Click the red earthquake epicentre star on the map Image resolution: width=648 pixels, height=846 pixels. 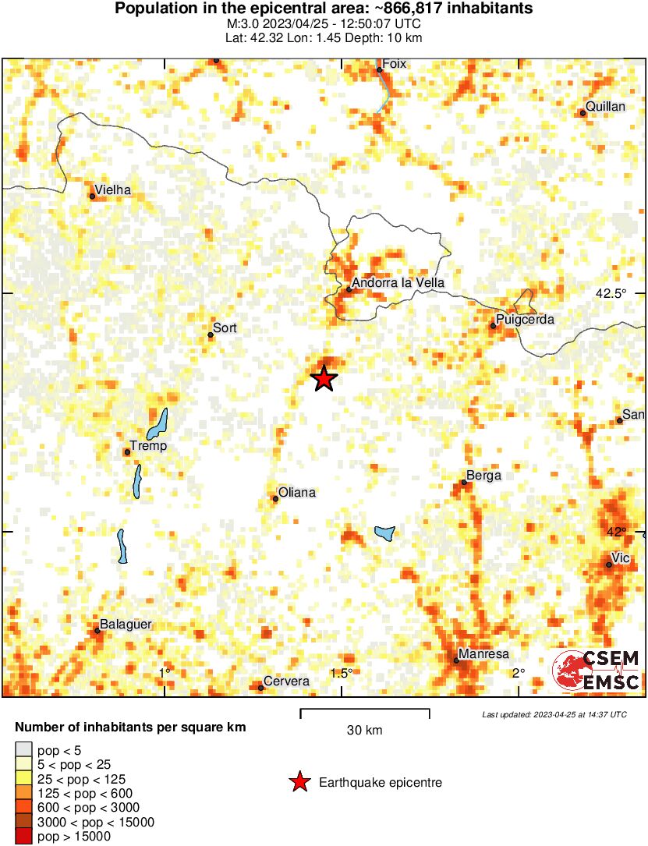324,379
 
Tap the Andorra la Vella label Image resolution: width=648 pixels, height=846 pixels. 398,284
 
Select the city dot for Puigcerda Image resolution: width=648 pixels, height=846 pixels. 493,326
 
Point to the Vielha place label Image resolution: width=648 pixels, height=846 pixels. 112,189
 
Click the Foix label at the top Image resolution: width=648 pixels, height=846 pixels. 395,64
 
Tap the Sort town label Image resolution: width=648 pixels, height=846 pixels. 225,328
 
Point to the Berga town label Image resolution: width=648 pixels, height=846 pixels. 483,476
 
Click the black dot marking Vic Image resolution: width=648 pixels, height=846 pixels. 609,565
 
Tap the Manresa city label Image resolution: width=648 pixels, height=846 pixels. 483,653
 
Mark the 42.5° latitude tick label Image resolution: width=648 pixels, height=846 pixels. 611,294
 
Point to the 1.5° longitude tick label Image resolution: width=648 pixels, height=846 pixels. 342,673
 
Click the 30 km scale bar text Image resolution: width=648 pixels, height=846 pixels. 364,731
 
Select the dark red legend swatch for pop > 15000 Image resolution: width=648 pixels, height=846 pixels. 24,837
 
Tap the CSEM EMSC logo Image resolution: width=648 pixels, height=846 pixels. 597,671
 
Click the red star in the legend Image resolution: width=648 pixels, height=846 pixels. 299,782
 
